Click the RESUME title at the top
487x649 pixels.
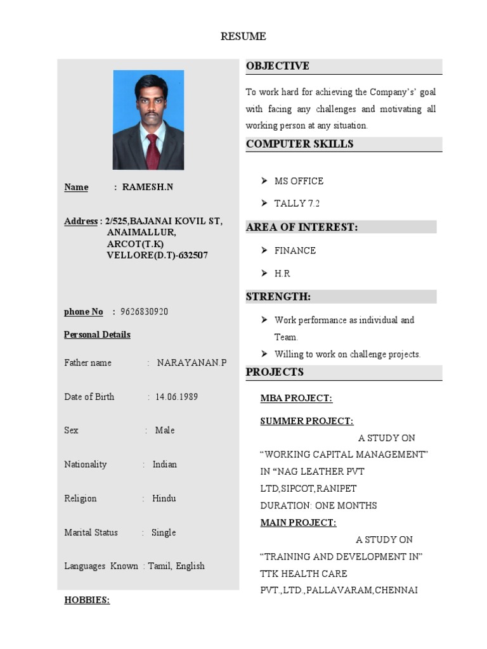click(x=243, y=37)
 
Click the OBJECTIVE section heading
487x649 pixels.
click(x=278, y=66)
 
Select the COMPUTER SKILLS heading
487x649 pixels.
click(x=299, y=144)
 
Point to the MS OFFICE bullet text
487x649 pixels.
click(x=299, y=181)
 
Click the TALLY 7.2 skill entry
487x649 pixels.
click(x=297, y=203)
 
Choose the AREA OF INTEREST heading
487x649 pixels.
click(x=302, y=227)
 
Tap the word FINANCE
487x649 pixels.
click(x=295, y=250)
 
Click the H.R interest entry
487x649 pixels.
click(x=282, y=273)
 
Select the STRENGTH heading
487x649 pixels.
click(x=278, y=297)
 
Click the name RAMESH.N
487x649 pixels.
click(x=147, y=187)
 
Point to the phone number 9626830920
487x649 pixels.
click(x=145, y=312)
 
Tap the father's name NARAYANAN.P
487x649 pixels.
click(x=192, y=363)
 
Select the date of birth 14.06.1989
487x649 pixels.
click(x=176, y=397)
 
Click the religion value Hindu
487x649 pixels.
click(x=164, y=498)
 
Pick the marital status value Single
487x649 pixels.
click(x=164, y=532)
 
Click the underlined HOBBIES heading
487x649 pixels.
click(x=87, y=600)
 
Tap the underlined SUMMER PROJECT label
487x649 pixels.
click(x=307, y=421)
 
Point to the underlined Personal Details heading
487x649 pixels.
click(x=97, y=335)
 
